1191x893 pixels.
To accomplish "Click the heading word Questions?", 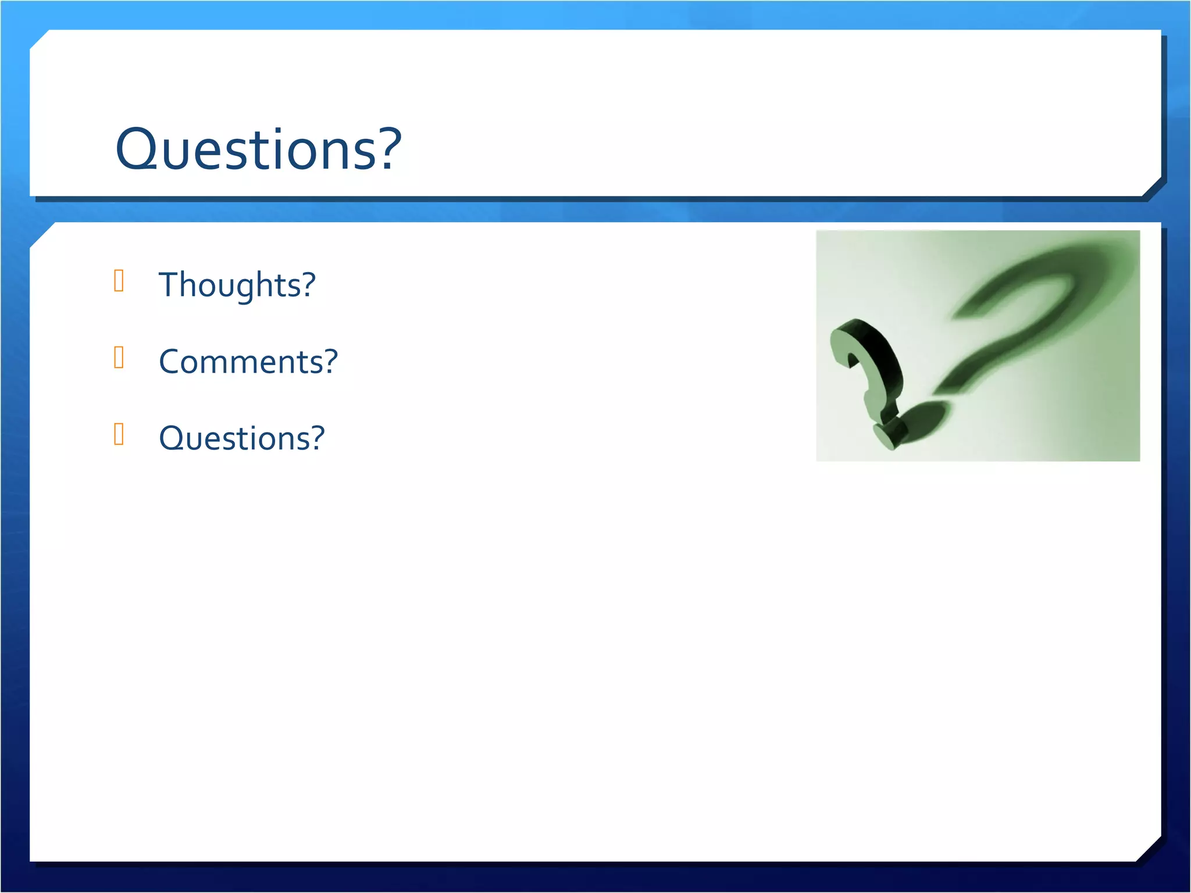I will [258, 149].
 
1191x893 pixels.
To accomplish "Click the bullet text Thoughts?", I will [237, 285].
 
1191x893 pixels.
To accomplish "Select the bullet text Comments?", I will [248, 362].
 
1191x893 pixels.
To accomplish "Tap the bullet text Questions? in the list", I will [241, 438].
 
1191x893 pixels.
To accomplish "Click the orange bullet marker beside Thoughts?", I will [119, 280].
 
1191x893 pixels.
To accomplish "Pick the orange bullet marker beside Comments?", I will [119, 357].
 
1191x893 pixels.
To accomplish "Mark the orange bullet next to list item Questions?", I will [119, 434].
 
